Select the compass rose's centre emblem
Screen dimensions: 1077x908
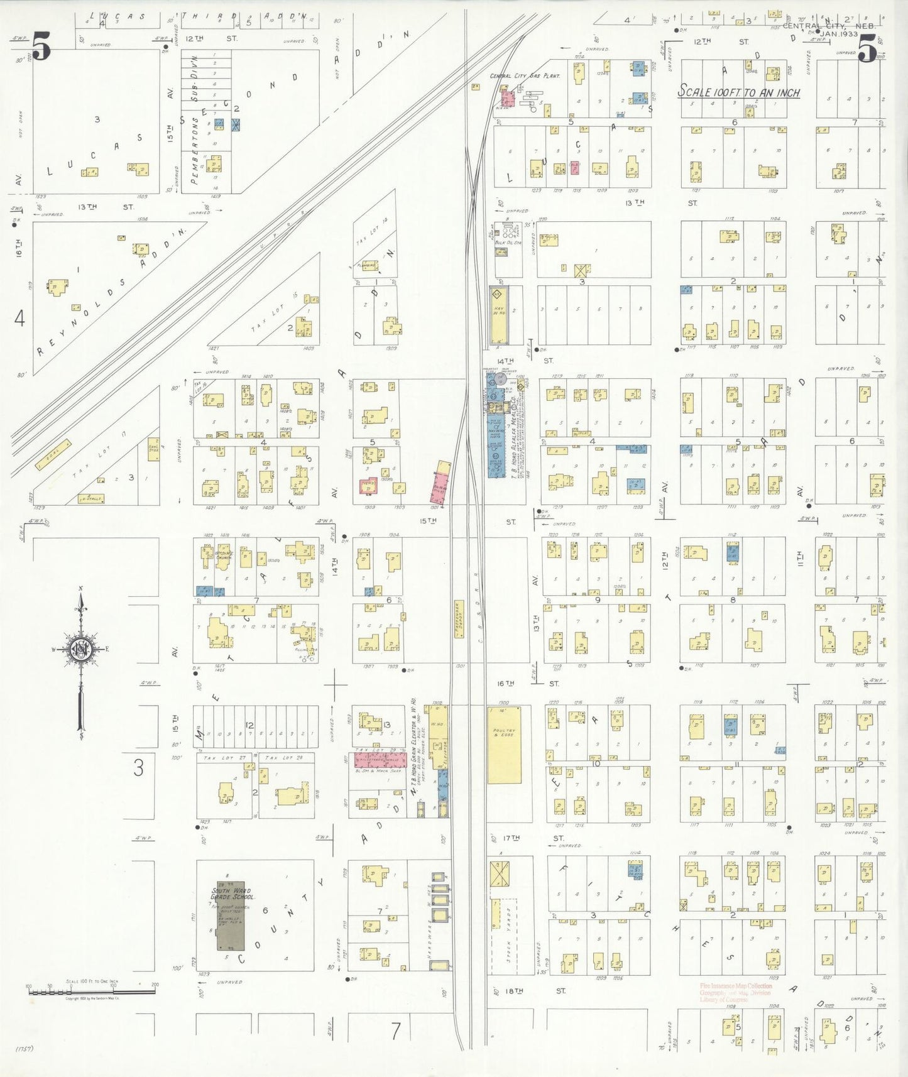click(x=81, y=648)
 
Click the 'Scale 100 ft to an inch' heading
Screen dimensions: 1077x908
click(x=738, y=92)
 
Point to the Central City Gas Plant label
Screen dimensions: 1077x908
click(x=525, y=76)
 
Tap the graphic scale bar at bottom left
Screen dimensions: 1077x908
click(x=92, y=992)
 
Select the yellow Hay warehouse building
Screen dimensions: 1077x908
click(x=497, y=315)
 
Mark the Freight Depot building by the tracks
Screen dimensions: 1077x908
click(x=459, y=619)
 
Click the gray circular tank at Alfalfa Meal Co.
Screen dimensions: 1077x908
click(x=501, y=378)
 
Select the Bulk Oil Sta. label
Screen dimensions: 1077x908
click(x=508, y=243)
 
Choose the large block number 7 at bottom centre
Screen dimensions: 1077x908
click(x=395, y=1031)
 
